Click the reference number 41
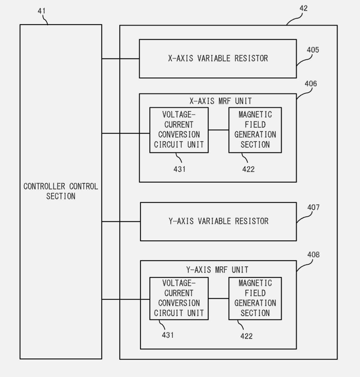click(x=41, y=11)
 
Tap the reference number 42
click(x=303, y=8)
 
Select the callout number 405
click(x=313, y=50)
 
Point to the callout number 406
click(x=311, y=84)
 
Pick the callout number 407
click(x=313, y=207)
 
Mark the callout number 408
click(x=313, y=254)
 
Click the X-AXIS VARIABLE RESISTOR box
click(x=218, y=59)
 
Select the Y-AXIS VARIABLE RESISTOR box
click(x=218, y=221)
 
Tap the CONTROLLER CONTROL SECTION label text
click(x=61, y=191)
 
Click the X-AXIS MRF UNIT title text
click(x=221, y=101)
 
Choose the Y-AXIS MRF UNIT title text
click(x=217, y=270)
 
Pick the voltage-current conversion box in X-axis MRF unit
click(x=179, y=130)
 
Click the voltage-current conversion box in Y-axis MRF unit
click(x=179, y=298)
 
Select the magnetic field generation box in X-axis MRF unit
click(x=255, y=130)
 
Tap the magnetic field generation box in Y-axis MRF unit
click(x=255, y=298)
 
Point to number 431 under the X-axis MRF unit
click(x=179, y=169)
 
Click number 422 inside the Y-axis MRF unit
click(x=246, y=336)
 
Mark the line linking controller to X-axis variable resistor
click(x=120, y=59)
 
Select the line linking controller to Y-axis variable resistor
click(x=121, y=221)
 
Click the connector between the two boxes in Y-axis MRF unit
click(x=218, y=298)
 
